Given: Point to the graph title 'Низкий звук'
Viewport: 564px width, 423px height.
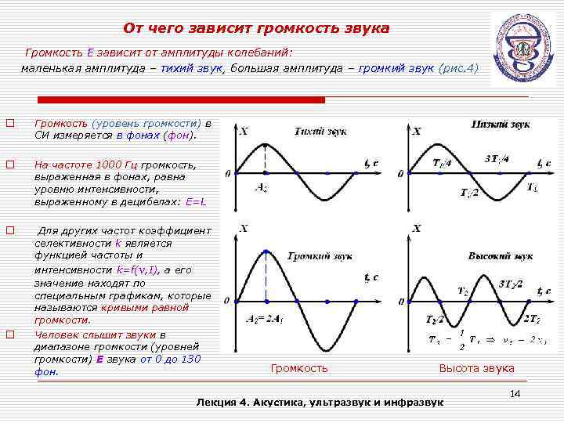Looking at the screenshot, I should [501, 124].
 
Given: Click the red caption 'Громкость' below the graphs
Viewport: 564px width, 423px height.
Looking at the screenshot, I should [298, 368].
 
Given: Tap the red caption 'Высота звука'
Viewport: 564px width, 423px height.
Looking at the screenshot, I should [476, 368].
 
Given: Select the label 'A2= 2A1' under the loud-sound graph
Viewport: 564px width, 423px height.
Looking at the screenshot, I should [263, 319].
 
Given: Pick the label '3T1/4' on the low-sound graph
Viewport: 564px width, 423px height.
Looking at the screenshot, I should [497, 159].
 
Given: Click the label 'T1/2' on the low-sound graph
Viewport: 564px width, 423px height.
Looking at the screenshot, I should [470, 193].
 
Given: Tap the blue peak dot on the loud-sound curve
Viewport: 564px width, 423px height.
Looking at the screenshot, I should [267, 251].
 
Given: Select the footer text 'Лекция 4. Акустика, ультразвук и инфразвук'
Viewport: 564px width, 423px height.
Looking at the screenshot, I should [318, 402].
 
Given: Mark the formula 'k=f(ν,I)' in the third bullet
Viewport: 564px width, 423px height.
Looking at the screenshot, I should [138, 269].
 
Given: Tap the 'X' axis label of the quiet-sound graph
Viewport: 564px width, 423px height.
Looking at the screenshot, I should [244, 132].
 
